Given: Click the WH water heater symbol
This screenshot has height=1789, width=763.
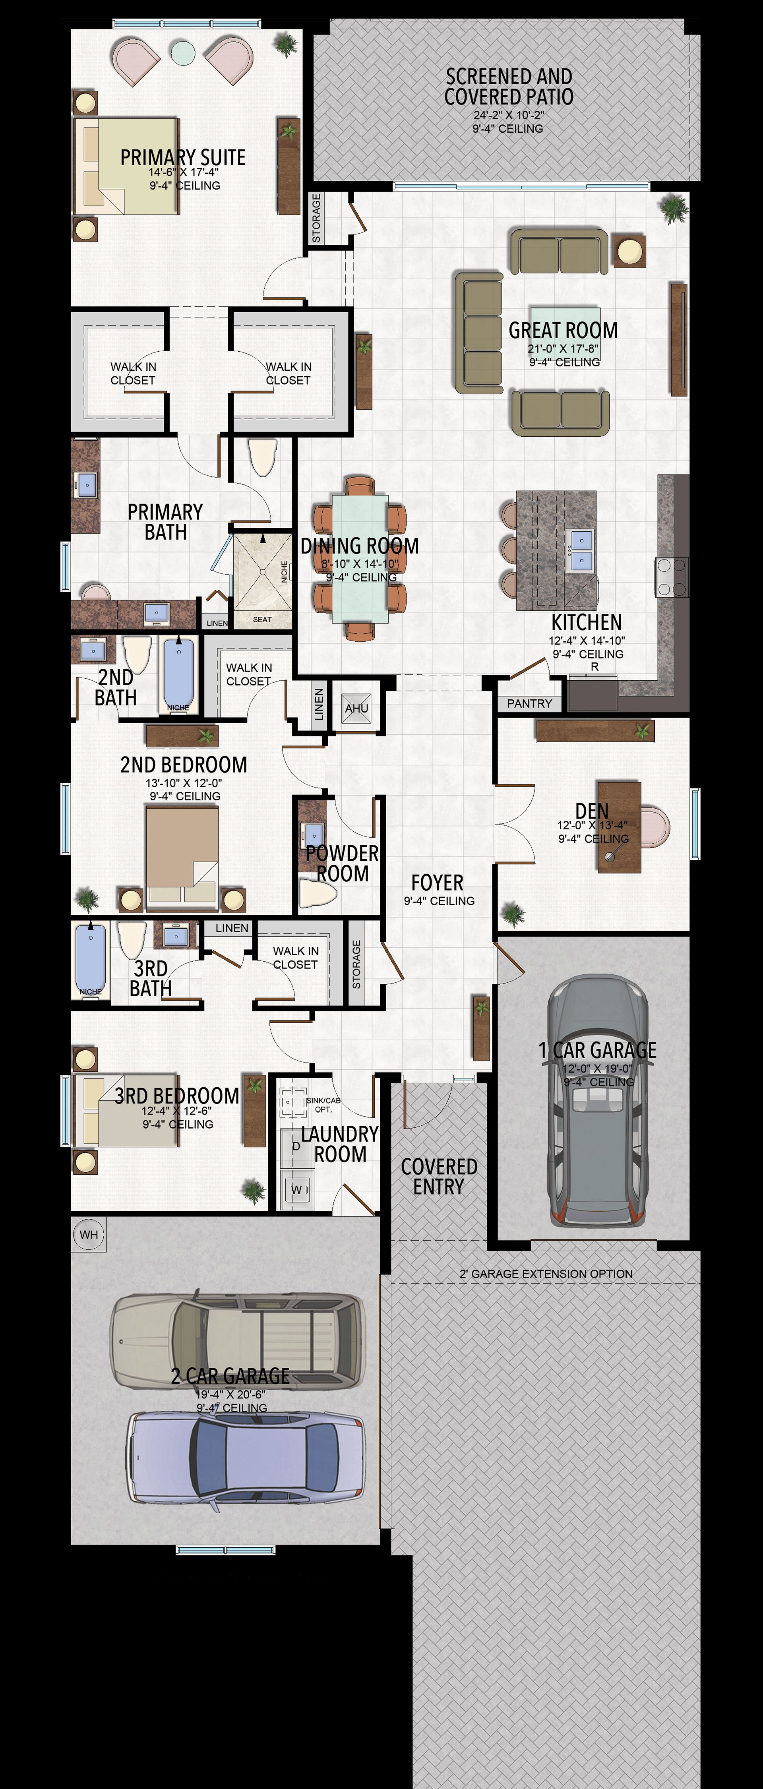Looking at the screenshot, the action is (89, 1234).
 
